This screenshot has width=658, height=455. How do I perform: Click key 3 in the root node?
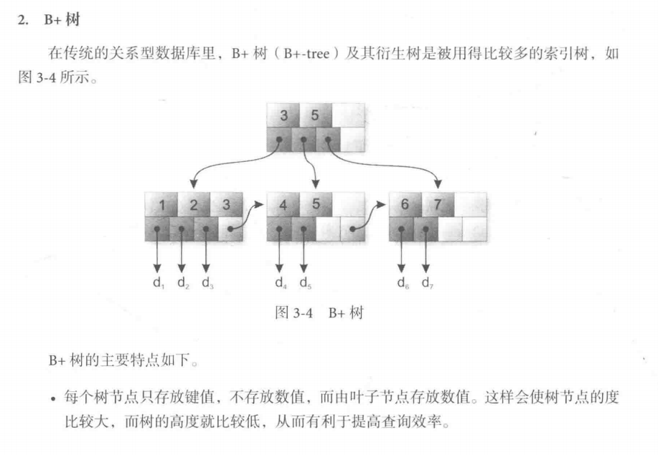coord(283,115)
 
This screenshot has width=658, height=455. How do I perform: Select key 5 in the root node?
coord(316,115)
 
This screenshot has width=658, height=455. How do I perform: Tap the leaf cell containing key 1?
coord(161,205)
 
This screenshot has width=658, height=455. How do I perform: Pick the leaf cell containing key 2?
coord(193,205)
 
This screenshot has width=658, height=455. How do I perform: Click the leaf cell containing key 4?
coord(283,205)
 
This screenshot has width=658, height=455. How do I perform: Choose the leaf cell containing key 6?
coord(405,205)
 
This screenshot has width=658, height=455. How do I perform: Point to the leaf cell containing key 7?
coord(438,205)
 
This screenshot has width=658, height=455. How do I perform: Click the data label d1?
coord(159,283)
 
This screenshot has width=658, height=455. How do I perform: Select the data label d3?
coord(207,283)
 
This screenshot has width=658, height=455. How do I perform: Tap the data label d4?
coord(281,283)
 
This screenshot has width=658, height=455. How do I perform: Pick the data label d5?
coord(305,283)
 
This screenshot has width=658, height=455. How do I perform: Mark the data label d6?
coord(403,283)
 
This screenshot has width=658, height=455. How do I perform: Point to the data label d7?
coord(427,283)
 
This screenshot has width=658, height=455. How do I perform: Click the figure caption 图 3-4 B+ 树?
coord(319,314)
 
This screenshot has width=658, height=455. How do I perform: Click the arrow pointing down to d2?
coord(182,255)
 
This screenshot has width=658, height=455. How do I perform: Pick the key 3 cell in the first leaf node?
coord(225,205)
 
